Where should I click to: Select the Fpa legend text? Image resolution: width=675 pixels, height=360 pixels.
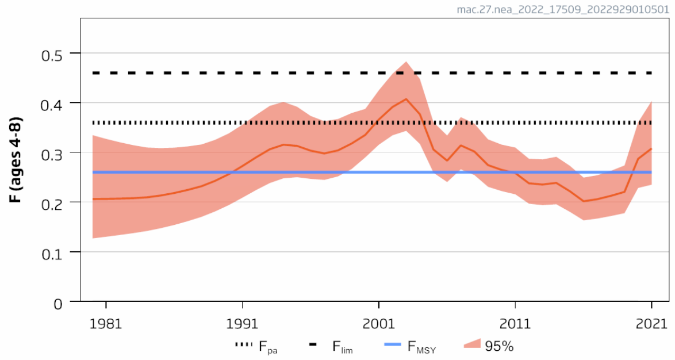pos(269,346)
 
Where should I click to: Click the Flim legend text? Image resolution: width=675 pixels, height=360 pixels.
pos(343,346)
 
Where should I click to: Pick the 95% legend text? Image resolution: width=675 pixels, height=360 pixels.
pos(498,346)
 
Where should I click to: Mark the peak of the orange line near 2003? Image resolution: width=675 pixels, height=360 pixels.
pos(406,99)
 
